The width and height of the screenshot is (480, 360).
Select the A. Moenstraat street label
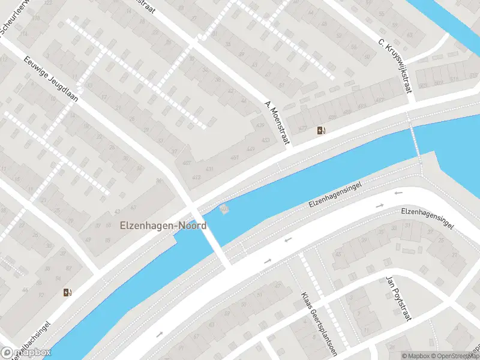(x=277, y=122)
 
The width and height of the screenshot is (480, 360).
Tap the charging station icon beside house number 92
(x=67, y=292)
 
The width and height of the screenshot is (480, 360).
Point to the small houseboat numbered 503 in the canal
(x=224, y=209)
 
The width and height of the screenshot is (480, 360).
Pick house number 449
(x=250, y=148)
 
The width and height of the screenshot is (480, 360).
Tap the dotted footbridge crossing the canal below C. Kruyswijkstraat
(x=415, y=140)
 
